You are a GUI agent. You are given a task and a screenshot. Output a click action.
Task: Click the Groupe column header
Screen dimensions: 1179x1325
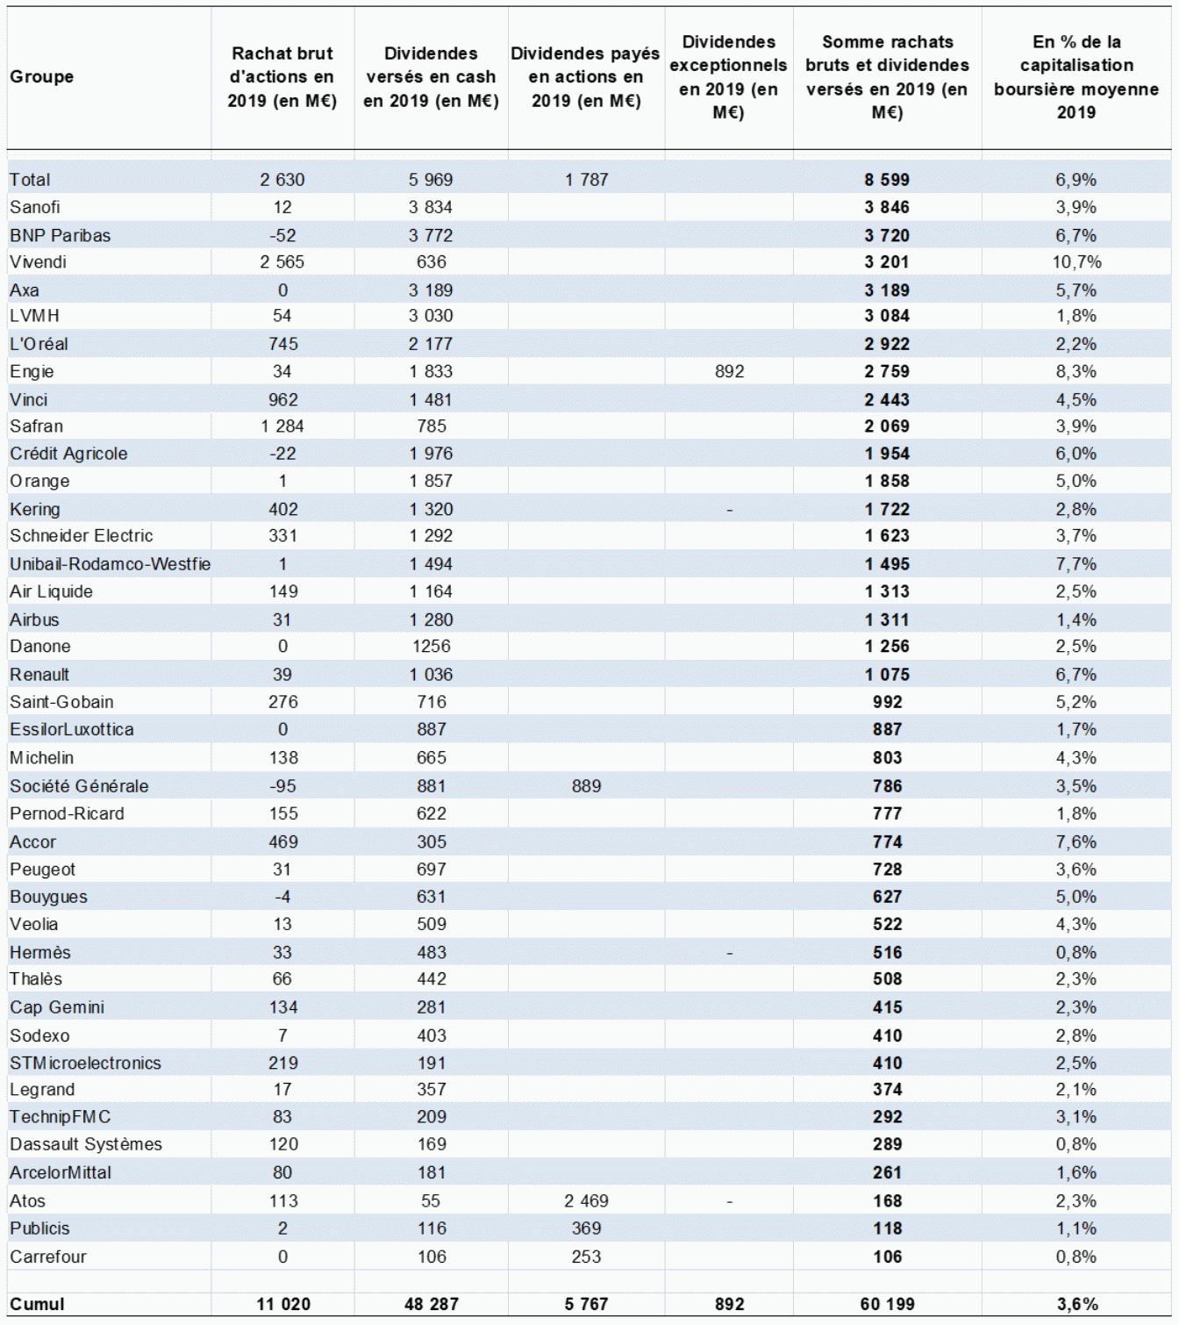point(41,77)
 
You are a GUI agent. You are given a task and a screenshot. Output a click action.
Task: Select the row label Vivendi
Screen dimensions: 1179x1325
point(38,262)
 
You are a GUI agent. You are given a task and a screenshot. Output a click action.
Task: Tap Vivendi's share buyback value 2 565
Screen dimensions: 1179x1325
point(282,262)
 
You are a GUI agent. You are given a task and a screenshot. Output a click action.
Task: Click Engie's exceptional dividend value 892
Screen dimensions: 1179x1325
point(729,371)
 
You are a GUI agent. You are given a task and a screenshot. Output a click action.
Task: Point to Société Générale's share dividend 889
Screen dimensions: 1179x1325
point(586,786)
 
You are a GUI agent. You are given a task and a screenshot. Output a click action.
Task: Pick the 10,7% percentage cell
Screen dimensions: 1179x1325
point(1076,262)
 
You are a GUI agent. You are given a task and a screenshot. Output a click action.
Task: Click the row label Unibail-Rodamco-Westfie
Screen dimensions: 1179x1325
point(110,563)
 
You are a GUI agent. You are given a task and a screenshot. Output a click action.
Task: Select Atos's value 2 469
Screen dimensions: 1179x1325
point(586,1200)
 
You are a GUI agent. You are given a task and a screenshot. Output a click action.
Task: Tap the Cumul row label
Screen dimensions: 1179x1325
point(37,1304)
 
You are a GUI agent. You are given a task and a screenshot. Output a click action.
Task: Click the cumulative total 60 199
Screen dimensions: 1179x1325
point(887,1304)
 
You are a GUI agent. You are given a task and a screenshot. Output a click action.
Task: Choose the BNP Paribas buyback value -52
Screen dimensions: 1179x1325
point(282,235)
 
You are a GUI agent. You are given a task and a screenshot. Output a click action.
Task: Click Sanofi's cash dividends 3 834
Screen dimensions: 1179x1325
point(430,207)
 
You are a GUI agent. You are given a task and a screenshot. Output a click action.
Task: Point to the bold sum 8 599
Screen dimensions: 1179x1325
point(887,180)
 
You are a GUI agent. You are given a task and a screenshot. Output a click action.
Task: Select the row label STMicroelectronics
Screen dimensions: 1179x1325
point(85,1063)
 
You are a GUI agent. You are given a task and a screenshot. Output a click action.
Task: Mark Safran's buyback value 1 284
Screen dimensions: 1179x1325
point(282,426)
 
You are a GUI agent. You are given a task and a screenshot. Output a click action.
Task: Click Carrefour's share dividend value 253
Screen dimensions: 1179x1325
point(586,1257)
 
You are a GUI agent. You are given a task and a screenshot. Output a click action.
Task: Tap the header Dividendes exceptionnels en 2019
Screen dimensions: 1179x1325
point(728,77)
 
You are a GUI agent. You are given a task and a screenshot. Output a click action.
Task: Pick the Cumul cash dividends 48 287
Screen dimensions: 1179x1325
point(431,1304)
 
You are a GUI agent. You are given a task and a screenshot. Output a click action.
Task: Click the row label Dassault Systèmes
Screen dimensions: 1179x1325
point(86,1144)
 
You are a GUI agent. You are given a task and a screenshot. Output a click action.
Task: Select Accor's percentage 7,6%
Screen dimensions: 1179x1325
point(1076,842)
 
